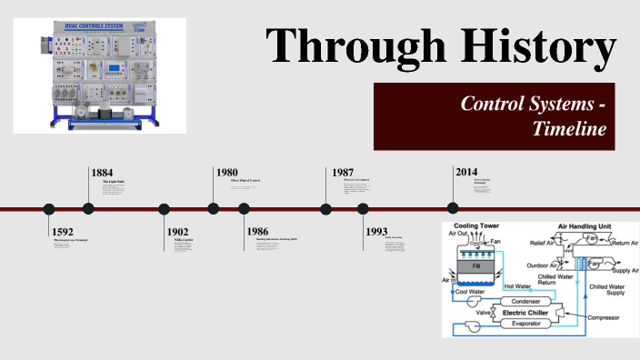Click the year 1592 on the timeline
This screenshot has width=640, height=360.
[63, 232]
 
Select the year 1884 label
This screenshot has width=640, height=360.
[103, 172]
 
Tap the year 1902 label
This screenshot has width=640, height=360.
[177, 232]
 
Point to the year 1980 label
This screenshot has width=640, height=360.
[226, 172]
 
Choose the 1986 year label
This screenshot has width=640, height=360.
[256, 232]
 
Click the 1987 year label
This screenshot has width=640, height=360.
[343, 172]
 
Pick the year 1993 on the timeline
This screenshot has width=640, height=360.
[376, 232]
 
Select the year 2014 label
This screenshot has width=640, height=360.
[466, 172]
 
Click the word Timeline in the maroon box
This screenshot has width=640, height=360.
[569, 129]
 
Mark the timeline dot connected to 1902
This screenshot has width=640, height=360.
[165, 209]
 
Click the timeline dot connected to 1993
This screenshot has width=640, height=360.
[364, 209]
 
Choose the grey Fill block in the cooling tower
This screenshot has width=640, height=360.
[472, 268]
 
